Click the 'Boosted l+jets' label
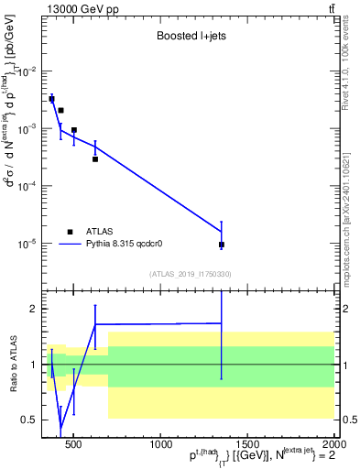pos(191,38)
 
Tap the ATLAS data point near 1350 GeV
pos(222,245)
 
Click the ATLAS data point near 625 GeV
pos(95,158)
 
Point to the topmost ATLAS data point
pos(52,99)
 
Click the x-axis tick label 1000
pos(161,444)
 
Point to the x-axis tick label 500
pos(74,444)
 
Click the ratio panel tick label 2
pos(34,310)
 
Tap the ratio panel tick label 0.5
pos(30,420)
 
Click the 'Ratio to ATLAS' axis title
pos(12,364)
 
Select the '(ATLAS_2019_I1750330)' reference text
pos(191,274)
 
